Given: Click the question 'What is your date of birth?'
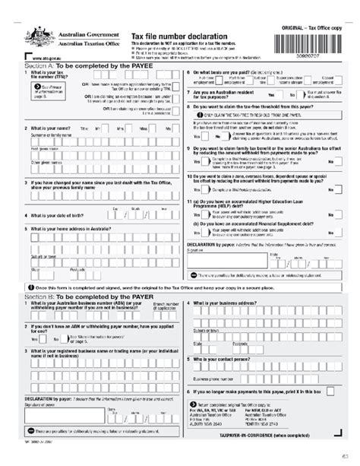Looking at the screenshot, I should coord(62,214).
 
